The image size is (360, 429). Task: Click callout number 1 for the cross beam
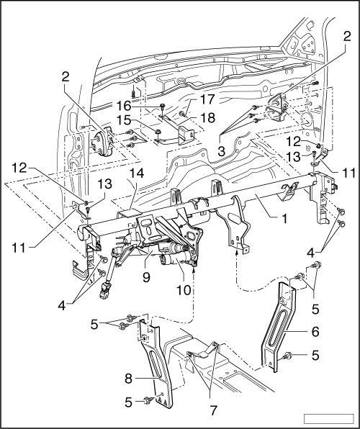[x=284, y=218]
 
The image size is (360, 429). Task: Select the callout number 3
[x=221, y=150]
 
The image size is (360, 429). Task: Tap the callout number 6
[x=315, y=332]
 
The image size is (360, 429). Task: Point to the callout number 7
[x=212, y=410]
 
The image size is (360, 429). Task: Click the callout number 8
[x=128, y=379]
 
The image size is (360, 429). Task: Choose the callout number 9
[x=146, y=277]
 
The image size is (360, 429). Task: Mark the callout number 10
[x=184, y=290]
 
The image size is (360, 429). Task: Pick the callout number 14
[x=137, y=173]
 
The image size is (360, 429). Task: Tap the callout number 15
[x=125, y=120]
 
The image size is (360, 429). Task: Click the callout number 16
[x=125, y=106]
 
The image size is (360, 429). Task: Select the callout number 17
[x=207, y=99]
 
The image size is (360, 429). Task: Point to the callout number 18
[x=207, y=118]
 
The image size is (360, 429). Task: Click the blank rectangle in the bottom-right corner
[x=329, y=418]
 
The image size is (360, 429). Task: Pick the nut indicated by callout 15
[x=158, y=132]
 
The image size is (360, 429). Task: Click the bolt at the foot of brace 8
[x=148, y=400]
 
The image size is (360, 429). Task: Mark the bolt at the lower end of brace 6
[x=287, y=356]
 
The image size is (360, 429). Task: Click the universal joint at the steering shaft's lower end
[x=104, y=292]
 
